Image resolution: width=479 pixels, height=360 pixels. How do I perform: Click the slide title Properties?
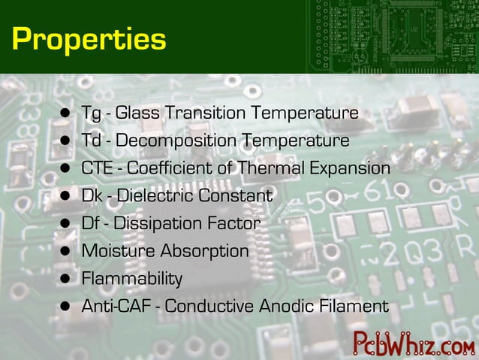pyautogui.click(x=89, y=38)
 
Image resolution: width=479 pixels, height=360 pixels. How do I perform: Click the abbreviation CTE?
pyautogui.click(x=97, y=168)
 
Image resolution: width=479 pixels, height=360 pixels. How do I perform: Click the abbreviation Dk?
pyautogui.click(x=92, y=196)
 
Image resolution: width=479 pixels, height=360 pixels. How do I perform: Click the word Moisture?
pyautogui.click(x=115, y=251)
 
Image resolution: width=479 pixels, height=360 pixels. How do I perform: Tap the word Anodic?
pyautogui.click(x=285, y=307)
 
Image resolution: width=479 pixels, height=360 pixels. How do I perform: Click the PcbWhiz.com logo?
pyautogui.click(x=413, y=343)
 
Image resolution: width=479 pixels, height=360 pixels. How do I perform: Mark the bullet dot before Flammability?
pyautogui.click(x=67, y=279)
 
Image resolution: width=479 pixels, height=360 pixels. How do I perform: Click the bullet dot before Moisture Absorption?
pyautogui.click(x=67, y=251)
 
